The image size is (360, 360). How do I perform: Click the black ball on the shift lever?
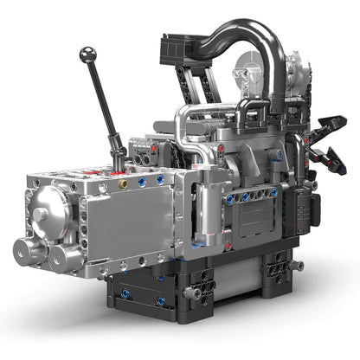pyautogui.click(x=87, y=54)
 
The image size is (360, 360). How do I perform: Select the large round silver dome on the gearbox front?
pyautogui.click(x=51, y=208)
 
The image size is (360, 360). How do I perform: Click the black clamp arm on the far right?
pyautogui.click(x=331, y=130)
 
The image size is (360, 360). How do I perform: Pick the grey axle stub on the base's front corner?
pyautogui.click(x=194, y=294)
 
